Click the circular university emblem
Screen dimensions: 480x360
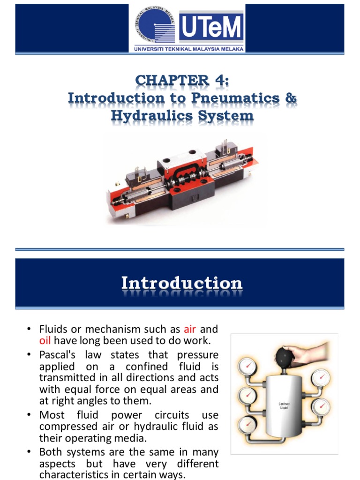(155, 25)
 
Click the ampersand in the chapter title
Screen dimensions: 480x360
(291, 98)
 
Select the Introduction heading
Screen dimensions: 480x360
(182, 283)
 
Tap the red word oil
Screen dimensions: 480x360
(45, 341)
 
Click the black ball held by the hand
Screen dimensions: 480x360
(285, 357)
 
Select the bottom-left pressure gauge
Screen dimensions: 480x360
(247, 425)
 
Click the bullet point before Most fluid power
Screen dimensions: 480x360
(29, 415)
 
